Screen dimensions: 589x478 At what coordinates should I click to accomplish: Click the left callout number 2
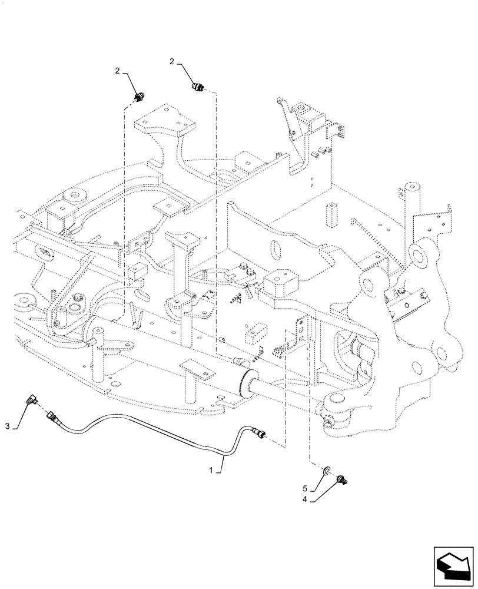[x=118, y=71]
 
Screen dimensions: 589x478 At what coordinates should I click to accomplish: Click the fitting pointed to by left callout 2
[x=140, y=97]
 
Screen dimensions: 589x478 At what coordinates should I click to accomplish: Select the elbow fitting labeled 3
[x=30, y=402]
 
